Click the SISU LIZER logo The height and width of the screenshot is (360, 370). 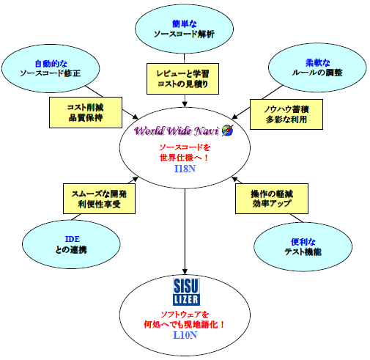click(x=186, y=292)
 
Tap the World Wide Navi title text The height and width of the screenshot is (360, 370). click(x=177, y=131)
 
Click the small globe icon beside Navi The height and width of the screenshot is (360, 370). click(x=227, y=131)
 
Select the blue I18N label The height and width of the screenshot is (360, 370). click(x=185, y=169)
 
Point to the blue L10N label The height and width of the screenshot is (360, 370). click(x=185, y=335)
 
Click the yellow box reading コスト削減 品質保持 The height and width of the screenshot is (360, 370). click(x=86, y=112)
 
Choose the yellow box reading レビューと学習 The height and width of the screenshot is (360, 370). click(x=182, y=78)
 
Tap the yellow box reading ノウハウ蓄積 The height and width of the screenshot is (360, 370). click(x=286, y=114)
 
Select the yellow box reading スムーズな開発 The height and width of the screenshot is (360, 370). click(x=99, y=199)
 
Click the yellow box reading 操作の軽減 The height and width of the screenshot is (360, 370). click(x=272, y=199)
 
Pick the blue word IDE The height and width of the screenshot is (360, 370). click(x=73, y=239)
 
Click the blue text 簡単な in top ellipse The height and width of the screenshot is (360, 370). click(x=185, y=23)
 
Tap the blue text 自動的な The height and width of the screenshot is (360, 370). click(x=51, y=64)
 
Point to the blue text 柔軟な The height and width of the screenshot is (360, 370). click(x=318, y=63)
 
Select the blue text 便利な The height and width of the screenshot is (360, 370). click(x=303, y=242)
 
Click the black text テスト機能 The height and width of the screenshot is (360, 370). click(x=303, y=251)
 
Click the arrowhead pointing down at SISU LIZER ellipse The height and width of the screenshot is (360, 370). click(x=185, y=271)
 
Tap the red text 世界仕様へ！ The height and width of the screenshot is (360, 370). click(x=184, y=158)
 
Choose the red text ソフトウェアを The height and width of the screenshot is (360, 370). click(x=185, y=315)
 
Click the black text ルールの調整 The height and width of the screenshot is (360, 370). click(x=317, y=73)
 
